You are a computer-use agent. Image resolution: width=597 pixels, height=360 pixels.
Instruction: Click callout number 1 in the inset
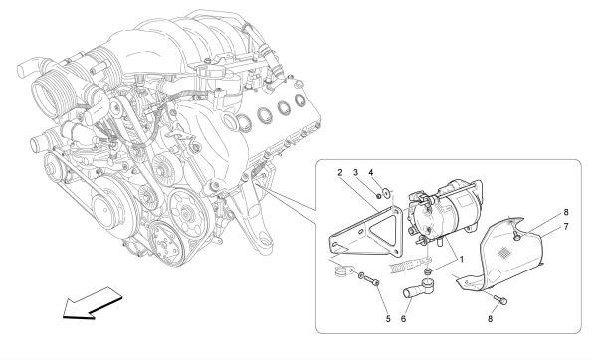[x=462, y=260]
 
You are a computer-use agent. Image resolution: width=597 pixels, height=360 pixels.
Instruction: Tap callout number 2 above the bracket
[x=340, y=172]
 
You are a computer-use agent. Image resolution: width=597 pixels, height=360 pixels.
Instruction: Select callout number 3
[x=355, y=172]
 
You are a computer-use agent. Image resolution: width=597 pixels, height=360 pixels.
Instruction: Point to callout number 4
[x=371, y=172]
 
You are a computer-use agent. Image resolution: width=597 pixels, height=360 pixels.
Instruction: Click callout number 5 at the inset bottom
[x=388, y=319]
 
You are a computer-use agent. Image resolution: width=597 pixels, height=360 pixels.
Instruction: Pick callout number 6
[x=403, y=319]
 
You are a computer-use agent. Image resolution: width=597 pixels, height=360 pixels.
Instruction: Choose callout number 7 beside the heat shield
[x=566, y=227]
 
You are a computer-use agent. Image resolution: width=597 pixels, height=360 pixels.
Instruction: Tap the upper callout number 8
[x=566, y=212]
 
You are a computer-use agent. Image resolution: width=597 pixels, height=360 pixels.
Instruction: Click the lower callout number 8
[x=490, y=319]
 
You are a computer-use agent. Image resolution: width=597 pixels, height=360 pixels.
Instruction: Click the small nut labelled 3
[x=379, y=196]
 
